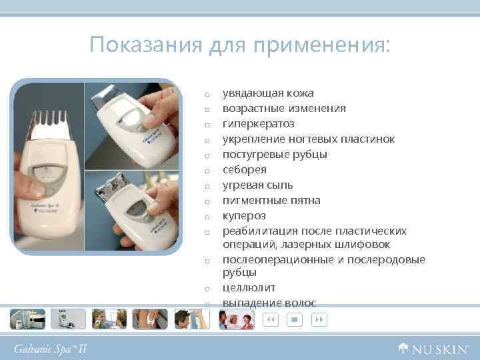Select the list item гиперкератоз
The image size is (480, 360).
coord(258,124)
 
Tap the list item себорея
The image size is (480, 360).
coord(244,170)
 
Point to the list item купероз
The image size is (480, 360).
coord(243,216)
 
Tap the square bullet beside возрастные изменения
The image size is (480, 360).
coord(208,109)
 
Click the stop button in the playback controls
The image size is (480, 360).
coord(293,320)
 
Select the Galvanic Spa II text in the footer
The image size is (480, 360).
coord(51,348)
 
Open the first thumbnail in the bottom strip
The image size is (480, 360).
coord(27,319)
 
